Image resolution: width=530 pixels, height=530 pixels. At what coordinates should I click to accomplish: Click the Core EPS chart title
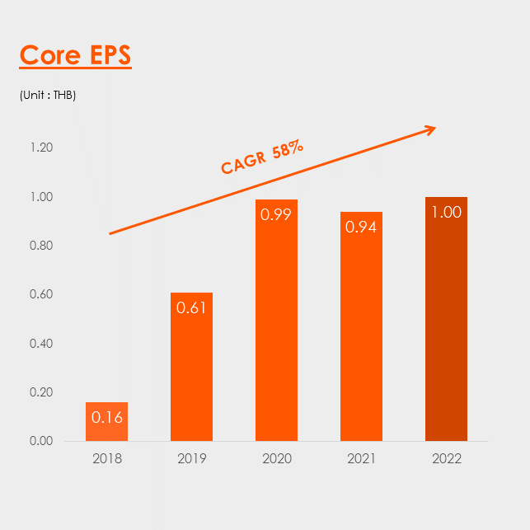pos(75,54)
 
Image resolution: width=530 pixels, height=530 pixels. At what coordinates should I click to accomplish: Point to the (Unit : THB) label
pos(48,96)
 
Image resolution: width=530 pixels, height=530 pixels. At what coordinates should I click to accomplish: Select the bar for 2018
pos(107,421)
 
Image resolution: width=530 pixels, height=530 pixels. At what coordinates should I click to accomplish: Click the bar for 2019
pos(192,367)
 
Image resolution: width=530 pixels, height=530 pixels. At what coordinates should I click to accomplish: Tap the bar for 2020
pos(276,320)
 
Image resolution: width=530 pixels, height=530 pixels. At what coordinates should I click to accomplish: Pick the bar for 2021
pos(361,326)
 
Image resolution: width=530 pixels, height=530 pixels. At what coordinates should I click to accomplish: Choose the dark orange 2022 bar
pos(446,319)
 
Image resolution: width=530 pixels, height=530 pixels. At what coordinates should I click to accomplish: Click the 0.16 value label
pos(107,417)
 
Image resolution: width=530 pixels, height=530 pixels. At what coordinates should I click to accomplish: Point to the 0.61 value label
pos(191,307)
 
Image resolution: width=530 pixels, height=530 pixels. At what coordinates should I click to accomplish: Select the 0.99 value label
pos(276,214)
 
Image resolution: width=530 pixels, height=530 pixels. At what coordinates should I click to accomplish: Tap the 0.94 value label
pos(361,227)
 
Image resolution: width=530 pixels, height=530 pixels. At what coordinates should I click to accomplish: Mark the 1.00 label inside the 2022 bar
pos(447,212)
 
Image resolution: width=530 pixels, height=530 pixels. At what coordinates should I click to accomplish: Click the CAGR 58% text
pos(262,157)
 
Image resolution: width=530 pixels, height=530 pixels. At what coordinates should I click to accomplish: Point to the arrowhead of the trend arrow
pos(435,128)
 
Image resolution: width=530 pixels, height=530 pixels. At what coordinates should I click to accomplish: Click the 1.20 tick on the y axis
pos(41,148)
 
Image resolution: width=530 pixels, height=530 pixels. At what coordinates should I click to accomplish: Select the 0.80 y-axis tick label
pos(41,246)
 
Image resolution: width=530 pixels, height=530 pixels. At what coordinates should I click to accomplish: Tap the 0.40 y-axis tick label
pos(41,344)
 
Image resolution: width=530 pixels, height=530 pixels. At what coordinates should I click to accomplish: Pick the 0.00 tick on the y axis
pos(41,441)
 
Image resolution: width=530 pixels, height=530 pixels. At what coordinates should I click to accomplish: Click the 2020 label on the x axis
pos(277,458)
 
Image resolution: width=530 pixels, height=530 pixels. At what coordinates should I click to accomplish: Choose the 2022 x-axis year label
pos(447,458)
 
